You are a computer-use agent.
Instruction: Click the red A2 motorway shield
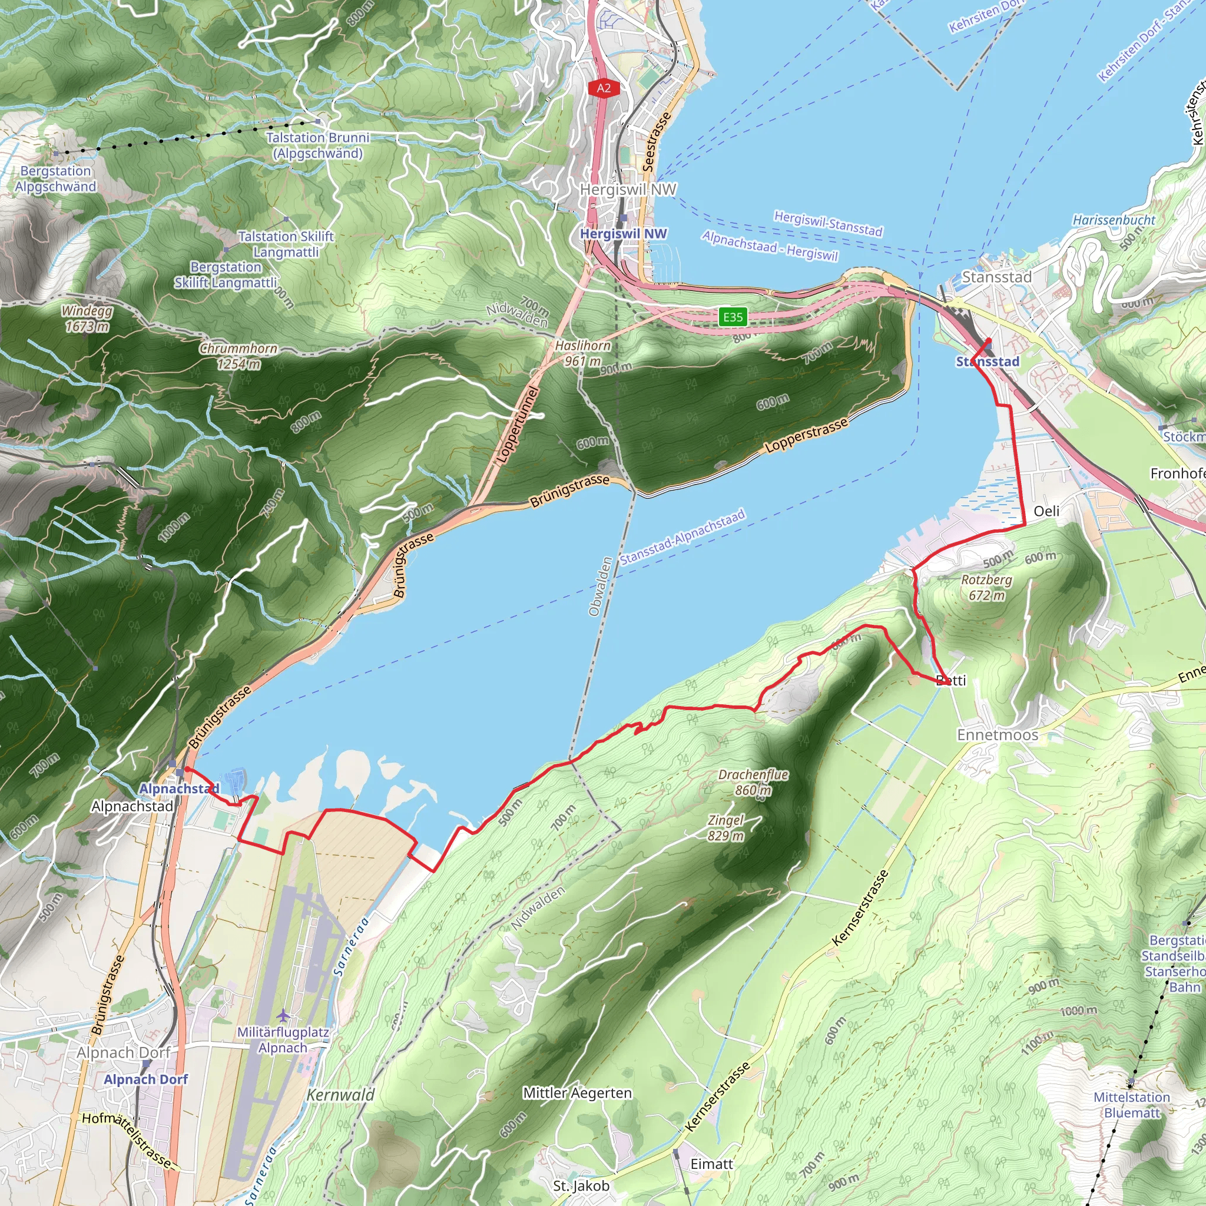coord(604,88)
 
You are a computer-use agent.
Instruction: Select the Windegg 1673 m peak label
coord(87,319)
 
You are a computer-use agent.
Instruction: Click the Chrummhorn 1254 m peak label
coord(238,356)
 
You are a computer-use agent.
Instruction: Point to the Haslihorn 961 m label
coord(582,353)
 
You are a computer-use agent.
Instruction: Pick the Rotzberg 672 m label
coord(986,587)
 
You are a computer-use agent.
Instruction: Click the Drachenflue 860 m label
coord(753,782)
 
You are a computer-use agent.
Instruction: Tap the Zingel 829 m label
coord(726,828)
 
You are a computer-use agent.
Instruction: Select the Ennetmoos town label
coord(998,735)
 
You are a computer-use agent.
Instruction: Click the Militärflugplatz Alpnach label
coord(283,1040)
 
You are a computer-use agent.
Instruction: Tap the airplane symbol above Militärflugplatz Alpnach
coord(283,1016)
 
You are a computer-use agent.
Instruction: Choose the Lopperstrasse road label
coord(807,435)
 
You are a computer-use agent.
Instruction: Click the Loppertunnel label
coord(516,425)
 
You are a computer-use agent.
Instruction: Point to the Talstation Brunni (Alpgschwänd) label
coord(318,145)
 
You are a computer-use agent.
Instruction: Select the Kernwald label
coord(340,1095)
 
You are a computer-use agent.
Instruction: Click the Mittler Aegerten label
coord(578,1093)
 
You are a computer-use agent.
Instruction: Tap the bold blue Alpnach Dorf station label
coord(145,1079)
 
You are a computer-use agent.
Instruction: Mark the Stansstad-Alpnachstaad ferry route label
coord(682,537)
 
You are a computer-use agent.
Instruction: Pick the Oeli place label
coord(1046,511)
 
